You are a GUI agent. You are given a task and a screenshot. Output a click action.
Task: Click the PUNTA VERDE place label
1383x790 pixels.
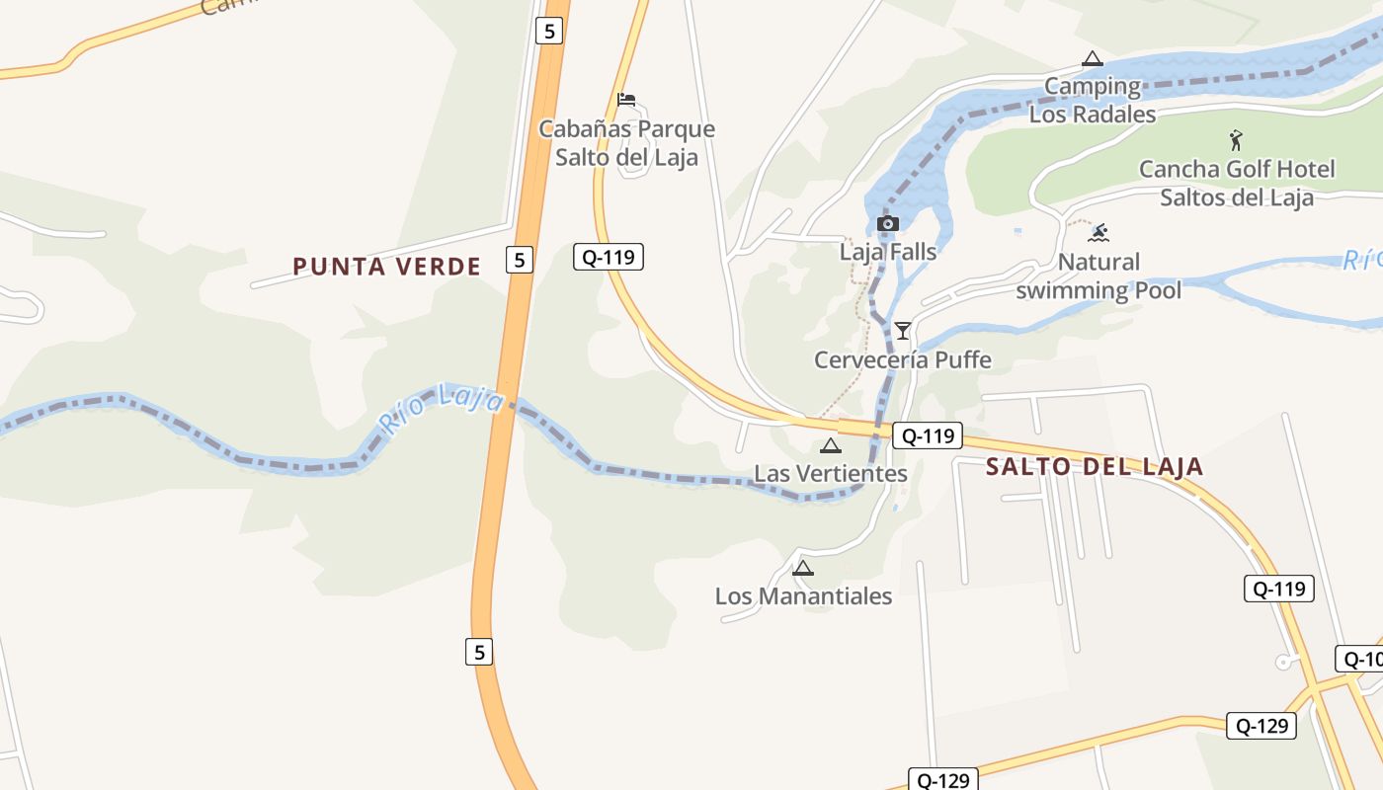click(386, 266)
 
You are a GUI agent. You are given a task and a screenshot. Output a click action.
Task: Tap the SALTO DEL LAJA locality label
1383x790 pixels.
click(1095, 467)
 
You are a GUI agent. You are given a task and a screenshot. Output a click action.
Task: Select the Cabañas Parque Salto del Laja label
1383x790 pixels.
click(626, 143)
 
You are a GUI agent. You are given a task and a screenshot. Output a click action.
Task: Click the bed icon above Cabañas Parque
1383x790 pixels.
click(625, 99)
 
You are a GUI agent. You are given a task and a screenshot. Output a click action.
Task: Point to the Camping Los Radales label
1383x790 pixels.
click(1093, 100)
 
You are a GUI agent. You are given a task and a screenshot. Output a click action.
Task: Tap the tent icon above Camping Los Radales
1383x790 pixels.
click(1092, 58)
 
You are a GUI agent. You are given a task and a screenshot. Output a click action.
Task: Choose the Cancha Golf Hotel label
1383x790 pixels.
click(1237, 183)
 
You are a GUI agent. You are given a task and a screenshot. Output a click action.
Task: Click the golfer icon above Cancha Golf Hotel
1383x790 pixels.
click(1235, 140)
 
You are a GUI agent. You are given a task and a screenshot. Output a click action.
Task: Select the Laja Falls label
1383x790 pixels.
click(887, 252)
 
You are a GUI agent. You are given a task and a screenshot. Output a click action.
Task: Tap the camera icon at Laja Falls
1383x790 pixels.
click(887, 223)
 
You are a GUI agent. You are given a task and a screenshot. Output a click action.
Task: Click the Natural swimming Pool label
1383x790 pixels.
click(1098, 276)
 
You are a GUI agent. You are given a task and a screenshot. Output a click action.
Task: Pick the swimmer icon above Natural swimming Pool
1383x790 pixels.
click(1098, 233)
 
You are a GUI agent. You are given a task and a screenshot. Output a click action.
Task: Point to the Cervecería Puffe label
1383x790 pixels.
click(902, 359)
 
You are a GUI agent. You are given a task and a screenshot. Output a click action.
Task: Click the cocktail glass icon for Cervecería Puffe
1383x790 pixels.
click(902, 330)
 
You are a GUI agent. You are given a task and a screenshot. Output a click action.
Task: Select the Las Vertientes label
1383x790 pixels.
click(830, 474)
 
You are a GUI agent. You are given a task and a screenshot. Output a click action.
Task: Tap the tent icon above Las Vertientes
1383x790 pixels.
click(831, 445)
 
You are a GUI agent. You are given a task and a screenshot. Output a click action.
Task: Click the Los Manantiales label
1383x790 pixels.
click(803, 596)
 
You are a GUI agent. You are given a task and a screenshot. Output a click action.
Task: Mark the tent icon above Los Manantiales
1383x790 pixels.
click(803, 568)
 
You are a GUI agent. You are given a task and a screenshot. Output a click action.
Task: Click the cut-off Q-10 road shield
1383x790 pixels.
click(1360, 659)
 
